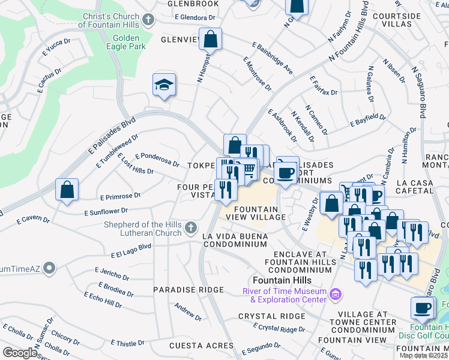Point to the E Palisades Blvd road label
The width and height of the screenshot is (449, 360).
[x=107, y=137]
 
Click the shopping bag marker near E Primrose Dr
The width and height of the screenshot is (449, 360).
[x=67, y=189]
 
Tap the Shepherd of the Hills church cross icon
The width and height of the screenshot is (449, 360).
[x=190, y=228]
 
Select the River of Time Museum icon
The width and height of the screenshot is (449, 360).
[x=336, y=294]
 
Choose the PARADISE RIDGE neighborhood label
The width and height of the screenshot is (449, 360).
[x=179, y=289]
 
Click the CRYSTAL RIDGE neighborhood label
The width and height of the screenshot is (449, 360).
[x=272, y=316]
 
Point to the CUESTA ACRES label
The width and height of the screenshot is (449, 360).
[x=201, y=346]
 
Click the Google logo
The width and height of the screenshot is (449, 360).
[x=20, y=353]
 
